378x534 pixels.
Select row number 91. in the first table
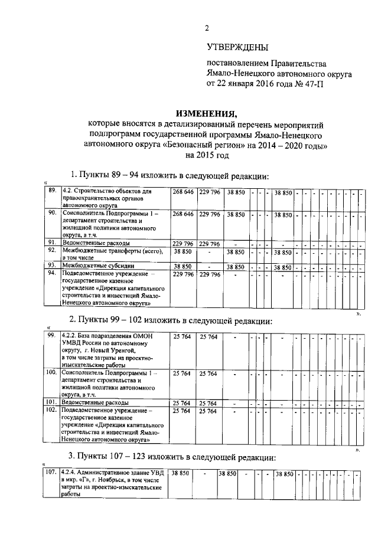52,243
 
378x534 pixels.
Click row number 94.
52,274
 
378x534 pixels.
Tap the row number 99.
51,336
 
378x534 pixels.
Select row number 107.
51,473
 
